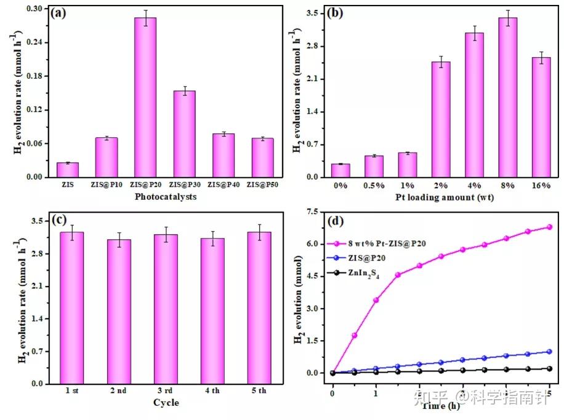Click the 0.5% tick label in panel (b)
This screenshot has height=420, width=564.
[374, 186]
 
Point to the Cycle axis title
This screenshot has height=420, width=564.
[166, 403]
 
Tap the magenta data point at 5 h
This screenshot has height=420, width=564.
[549, 227]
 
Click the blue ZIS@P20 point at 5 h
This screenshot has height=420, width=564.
[549, 352]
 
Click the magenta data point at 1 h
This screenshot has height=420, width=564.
[376, 299]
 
